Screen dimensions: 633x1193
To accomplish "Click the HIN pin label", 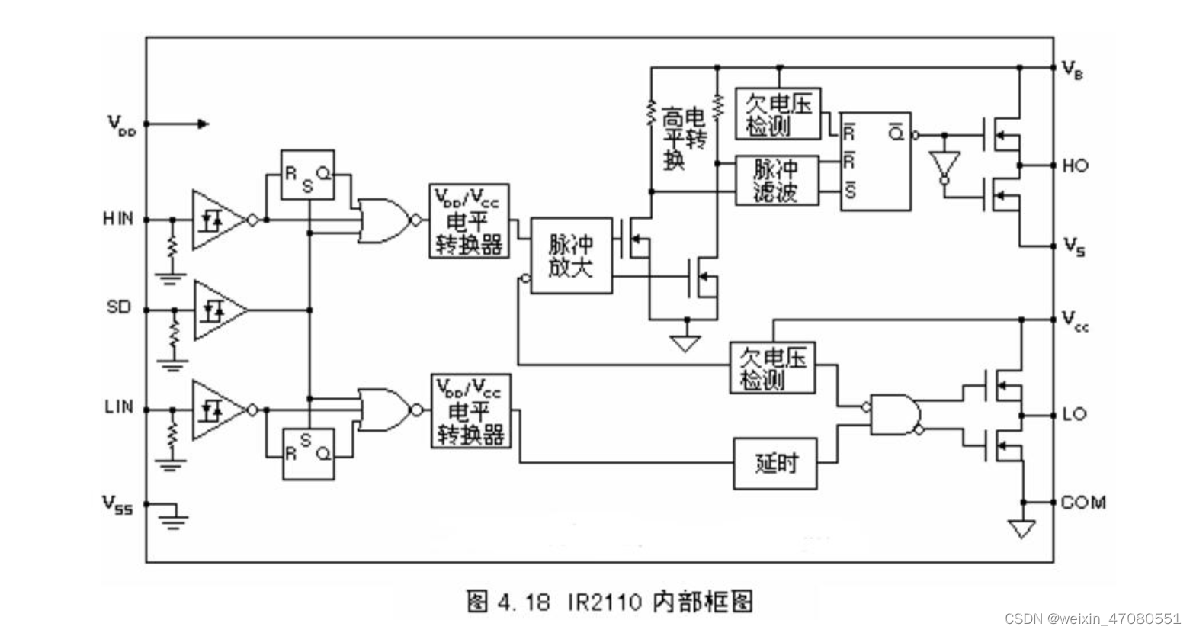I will [x=118, y=219].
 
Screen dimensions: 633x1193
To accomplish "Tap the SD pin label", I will [x=119, y=307].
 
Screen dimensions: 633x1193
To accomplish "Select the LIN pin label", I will [x=118, y=406].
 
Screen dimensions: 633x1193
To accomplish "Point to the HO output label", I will [x=1075, y=165].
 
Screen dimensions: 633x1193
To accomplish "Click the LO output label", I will [x=1074, y=414].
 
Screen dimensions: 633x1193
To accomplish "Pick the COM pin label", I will [x=1083, y=503].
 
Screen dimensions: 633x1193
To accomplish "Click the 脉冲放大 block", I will [x=571, y=256].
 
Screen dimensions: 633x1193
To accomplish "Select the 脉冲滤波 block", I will [x=776, y=181].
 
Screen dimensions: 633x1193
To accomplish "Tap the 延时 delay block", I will [x=775, y=463].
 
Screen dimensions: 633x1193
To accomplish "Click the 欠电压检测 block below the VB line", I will [x=778, y=114].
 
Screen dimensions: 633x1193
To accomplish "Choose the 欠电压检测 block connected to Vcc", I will [x=772, y=368].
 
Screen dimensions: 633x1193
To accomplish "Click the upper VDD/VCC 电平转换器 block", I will [x=469, y=221].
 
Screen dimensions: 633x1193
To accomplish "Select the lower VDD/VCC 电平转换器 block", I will [x=470, y=411].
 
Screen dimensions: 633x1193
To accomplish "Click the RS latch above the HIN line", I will [x=307, y=175].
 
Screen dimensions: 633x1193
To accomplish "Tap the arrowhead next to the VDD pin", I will [x=202, y=124].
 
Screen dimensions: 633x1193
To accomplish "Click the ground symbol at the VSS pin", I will [x=174, y=521].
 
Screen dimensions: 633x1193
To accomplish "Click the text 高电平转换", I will [x=683, y=138].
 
